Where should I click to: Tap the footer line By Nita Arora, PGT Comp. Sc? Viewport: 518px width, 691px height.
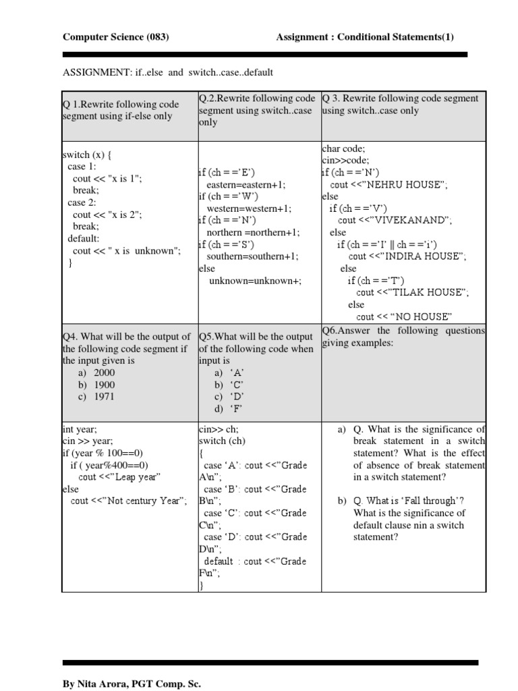132,683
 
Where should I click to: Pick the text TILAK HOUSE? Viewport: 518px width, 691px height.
428,292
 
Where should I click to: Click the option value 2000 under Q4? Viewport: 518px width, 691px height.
105,372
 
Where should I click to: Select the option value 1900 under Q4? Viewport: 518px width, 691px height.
105,385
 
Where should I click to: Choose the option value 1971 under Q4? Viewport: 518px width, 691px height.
105,397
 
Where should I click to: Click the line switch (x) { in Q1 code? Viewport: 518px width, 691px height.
87,154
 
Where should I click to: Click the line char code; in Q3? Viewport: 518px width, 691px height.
345,148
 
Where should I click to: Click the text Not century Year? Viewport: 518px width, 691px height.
141,501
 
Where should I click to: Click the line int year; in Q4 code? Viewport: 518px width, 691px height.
80,429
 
